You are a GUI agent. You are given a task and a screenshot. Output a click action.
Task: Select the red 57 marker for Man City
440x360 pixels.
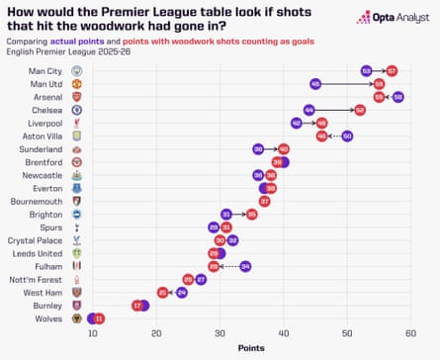pyautogui.click(x=392, y=71)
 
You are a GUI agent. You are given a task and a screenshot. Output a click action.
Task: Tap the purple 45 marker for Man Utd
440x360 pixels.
pyautogui.click(x=315, y=84)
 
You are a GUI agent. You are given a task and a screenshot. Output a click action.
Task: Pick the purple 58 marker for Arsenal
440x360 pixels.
pyautogui.click(x=397, y=97)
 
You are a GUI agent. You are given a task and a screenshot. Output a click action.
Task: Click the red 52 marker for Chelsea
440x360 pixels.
pyautogui.click(x=360, y=110)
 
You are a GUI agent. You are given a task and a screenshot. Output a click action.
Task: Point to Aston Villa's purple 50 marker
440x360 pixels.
pyautogui.click(x=347, y=135)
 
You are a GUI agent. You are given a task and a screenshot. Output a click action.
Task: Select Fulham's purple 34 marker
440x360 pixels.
pyautogui.click(x=245, y=266)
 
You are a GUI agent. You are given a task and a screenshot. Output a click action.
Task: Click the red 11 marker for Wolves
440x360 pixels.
pyautogui.click(x=99, y=317)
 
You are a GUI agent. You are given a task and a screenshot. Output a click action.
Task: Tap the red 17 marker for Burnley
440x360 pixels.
pyautogui.click(x=137, y=305)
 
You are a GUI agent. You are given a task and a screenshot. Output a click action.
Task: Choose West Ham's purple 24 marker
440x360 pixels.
pyautogui.click(x=182, y=292)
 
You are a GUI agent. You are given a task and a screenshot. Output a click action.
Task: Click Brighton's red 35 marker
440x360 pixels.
pyautogui.click(x=251, y=214)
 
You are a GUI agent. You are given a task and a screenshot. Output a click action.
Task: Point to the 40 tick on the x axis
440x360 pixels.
pyautogui.click(x=284, y=333)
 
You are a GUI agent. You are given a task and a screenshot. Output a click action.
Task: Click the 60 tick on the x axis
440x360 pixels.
pyautogui.click(x=410, y=333)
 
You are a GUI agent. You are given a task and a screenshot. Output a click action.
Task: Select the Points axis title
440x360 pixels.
pyautogui.click(x=251, y=348)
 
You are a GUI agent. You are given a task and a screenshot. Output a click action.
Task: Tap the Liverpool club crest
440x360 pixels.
pyautogui.click(x=77, y=123)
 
